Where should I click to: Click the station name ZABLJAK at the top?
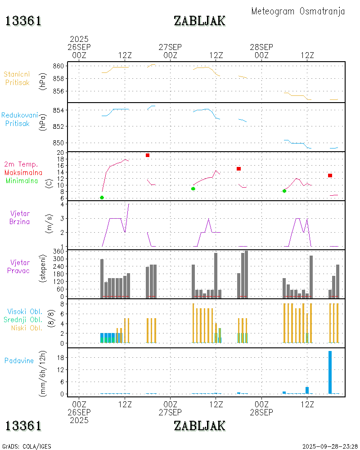[199, 21]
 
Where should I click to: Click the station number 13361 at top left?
[23, 21]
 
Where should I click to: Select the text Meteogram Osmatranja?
[298, 11]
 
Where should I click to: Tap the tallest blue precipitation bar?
[330, 372]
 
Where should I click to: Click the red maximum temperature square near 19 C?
[147, 155]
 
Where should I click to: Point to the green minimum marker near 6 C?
[102, 198]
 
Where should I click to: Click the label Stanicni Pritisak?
[18, 78]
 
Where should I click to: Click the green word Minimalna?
[22, 181]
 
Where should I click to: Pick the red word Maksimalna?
[23, 173]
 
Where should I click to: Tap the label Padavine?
[19, 360]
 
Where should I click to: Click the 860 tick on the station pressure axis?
[59, 66]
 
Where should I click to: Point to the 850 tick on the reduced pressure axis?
[59, 143]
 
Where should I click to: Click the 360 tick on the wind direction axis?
[59, 252]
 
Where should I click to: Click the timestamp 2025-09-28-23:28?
[330, 446]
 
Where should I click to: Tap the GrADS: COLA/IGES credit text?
[27, 446]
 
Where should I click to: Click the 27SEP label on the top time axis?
[170, 47]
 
